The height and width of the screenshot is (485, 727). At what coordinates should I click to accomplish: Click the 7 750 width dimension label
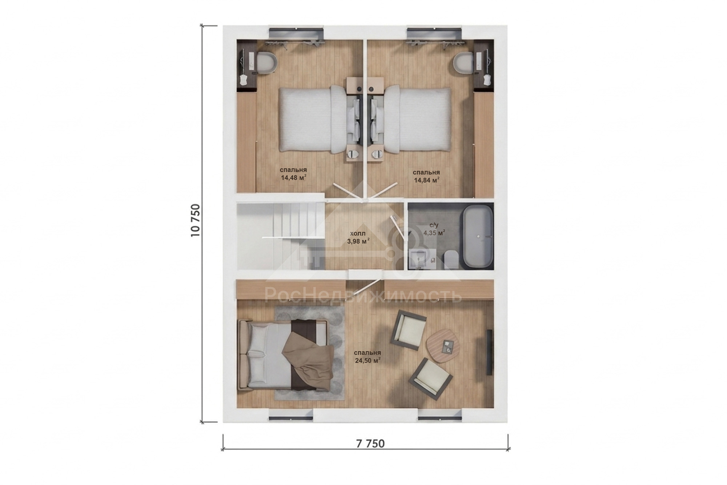pos(370,444)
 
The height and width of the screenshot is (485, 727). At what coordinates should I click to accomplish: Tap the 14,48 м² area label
pos(293,177)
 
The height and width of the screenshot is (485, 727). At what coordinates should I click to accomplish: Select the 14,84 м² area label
pos(426,180)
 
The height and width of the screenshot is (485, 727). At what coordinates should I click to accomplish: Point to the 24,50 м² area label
pos(367,360)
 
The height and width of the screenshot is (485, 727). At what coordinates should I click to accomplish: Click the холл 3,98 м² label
pos(358,237)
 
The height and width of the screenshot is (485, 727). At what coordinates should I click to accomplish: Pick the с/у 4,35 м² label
pos(434,229)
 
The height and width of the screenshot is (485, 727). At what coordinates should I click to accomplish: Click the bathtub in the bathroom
pos(477,237)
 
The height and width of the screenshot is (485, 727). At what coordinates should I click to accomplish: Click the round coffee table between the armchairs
pos(443,345)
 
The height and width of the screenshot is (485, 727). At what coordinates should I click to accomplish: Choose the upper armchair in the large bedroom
pos(408,330)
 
